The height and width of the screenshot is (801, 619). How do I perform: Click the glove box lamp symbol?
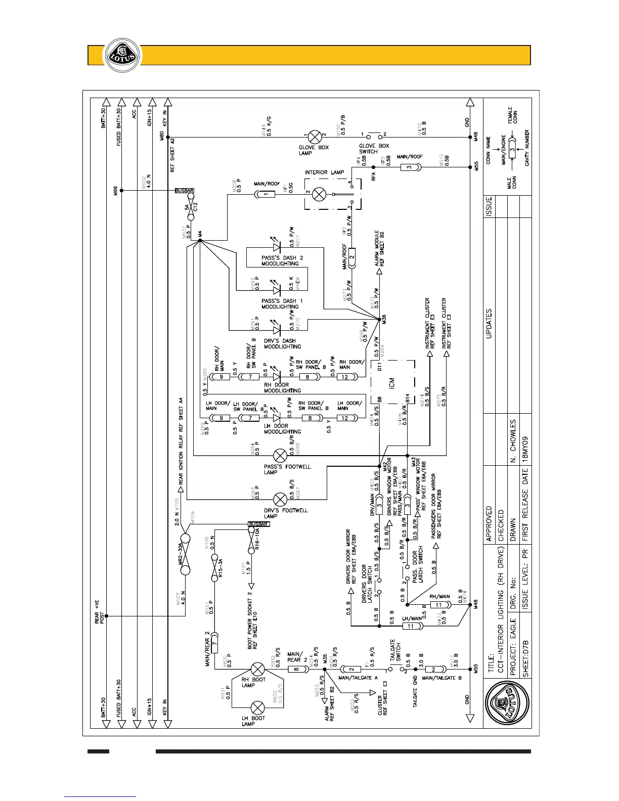pyautogui.click(x=315, y=137)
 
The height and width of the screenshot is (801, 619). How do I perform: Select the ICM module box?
pyautogui.click(x=392, y=382)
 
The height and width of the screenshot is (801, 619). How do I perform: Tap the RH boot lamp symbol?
pyautogui.click(x=258, y=670)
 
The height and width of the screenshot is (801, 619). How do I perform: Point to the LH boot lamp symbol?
pyautogui.click(x=258, y=708)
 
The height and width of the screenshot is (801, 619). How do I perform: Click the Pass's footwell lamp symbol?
pyautogui.click(x=280, y=455)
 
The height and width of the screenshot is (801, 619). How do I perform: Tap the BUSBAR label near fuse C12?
pyautogui.click(x=185, y=191)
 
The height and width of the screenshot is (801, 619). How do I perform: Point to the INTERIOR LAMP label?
pyautogui.click(x=324, y=172)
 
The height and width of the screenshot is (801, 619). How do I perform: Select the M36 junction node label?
pyautogui.click(x=384, y=320)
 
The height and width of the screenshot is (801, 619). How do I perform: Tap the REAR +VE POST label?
pyautogui.click(x=100, y=611)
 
